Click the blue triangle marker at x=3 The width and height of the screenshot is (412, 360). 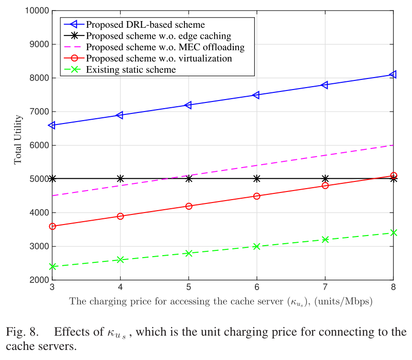(x=51, y=125)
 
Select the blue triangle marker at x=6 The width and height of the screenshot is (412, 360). (x=256, y=95)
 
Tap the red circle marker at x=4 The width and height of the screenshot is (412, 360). (x=120, y=216)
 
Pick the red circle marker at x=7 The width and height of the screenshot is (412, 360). (x=325, y=185)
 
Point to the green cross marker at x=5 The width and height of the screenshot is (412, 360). (x=189, y=253)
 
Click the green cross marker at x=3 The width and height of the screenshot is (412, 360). (x=52, y=266)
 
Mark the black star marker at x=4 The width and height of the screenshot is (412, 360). (x=120, y=179)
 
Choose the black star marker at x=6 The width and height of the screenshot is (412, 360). (x=257, y=179)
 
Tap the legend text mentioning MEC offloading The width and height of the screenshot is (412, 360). (x=165, y=47)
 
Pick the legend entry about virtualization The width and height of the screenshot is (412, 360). (x=159, y=59)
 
